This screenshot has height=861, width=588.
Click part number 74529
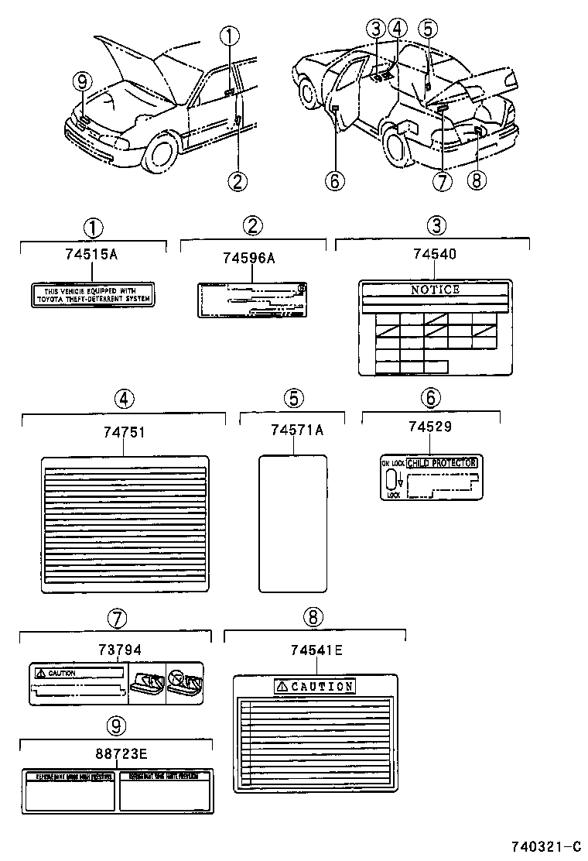click(430, 427)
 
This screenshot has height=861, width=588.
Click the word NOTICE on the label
click(435, 290)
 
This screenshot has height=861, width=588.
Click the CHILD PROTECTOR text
click(441, 463)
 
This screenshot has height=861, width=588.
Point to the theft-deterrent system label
click(92, 294)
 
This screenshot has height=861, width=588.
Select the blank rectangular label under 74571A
click(292, 523)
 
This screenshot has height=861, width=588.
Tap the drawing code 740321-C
click(545, 846)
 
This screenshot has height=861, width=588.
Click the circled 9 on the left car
click(81, 81)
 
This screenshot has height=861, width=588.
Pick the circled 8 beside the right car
click(475, 180)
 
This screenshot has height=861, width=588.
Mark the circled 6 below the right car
click(333, 181)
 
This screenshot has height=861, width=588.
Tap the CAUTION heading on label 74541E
click(316, 686)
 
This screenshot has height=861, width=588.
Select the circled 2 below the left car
click(238, 181)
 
